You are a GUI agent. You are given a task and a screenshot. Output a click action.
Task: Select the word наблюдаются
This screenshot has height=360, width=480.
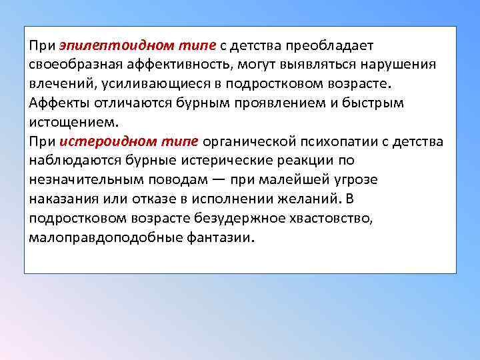pos(75,161)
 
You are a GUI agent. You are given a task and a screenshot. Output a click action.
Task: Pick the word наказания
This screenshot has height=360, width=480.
pos(62,199)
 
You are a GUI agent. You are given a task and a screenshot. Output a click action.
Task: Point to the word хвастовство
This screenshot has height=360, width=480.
pos(336,218)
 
